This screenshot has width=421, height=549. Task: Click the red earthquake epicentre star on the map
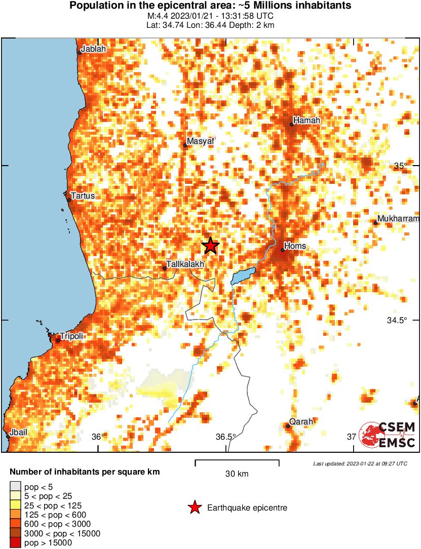pyautogui.click(x=210, y=246)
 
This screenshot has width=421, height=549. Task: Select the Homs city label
pyautogui.click(x=295, y=246)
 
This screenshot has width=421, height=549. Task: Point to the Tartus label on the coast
pyautogui.click(x=83, y=195)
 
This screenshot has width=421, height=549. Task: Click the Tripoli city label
pyautogui.click(x=71, y=336)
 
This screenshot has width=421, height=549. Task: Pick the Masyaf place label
pyautogui.click(x=200, y=141)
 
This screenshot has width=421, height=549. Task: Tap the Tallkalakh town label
pyautogui.click(x=185, y=264)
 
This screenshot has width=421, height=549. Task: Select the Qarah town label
pyautogui.click(x=301, y=421)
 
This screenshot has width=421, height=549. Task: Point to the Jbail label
pyautogui.click(x=18, y=432)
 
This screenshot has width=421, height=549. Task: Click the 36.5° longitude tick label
pyautogui.click(x=225, y=437)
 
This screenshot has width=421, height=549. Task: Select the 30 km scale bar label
pyautogui.click(x=237, y=474)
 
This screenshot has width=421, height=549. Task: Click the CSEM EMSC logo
pyautogui.click(x=387, y=435)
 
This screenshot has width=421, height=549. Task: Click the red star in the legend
pyautogui.click(x=194, y=507)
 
